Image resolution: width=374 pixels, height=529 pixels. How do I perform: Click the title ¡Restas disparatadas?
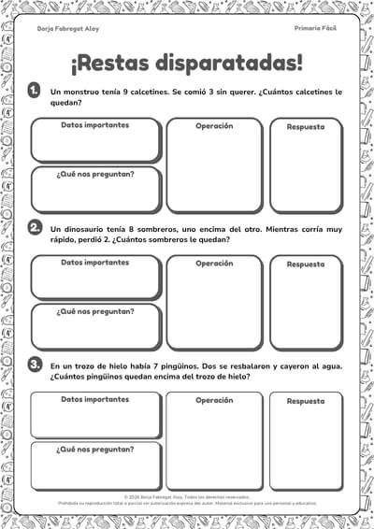[x=187, y=63]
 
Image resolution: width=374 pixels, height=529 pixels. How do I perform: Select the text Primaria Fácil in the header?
[x=314, y=30]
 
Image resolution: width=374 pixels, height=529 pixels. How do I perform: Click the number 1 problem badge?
[x=34, y=90]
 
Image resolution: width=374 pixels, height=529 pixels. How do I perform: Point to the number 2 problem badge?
[x=35, y=227]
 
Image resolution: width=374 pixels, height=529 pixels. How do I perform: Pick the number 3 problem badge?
[x=35, y=364]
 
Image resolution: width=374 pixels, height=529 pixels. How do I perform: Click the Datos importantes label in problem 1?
[x=95, y=125]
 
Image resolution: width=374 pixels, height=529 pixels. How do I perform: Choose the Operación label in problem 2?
[x=214, y=264]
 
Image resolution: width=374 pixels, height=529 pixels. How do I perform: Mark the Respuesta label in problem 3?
[x=305, y=401]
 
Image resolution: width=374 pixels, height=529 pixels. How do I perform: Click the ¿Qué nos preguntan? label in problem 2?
[x=95, y=311]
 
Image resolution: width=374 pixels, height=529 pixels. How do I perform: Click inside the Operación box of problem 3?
[x=214, y=439]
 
